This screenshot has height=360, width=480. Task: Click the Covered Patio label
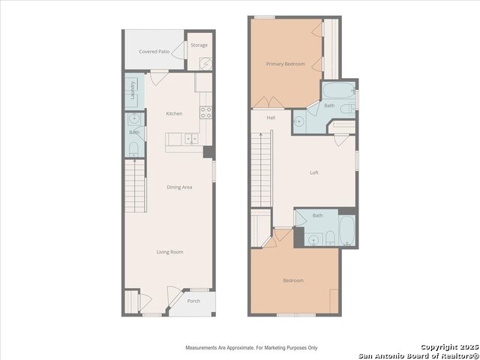click(154, 52)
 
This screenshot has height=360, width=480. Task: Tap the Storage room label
click(199, 45)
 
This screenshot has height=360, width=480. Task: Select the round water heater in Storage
click(206, 64)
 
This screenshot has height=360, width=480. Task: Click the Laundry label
click(133, 90)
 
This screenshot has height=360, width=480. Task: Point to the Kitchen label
click(174, 113)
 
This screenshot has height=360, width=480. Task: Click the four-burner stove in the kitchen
click(205, 112)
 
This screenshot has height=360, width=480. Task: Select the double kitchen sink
click(191, 139)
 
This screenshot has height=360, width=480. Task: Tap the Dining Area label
click(179, 187)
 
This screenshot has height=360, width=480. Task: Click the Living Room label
click(170, 252)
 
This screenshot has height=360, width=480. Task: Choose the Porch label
click(193, 301)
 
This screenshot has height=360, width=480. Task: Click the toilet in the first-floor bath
click(133, 149)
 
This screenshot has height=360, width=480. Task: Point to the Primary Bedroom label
click(285, 64)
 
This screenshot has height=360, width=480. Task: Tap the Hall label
click(271, 118)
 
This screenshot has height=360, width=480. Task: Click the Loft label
click(314, 172)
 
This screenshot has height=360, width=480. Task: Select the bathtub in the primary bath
click(339, 90)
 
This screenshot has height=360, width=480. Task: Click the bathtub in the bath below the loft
click(347, 230)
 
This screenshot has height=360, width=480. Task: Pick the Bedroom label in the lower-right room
click(293, 280)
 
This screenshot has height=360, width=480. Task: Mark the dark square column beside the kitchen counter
click(208, 152)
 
